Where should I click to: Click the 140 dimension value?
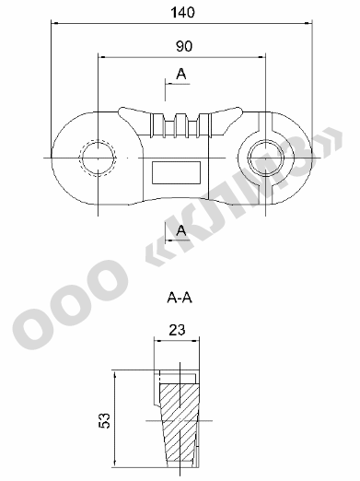click(182, 12)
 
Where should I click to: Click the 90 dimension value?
click(184, 46)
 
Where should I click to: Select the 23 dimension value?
click(177, 330)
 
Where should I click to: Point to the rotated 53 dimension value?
click(104, 420)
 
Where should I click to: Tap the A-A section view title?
click(180, 298)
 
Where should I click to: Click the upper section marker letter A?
click(181, 74)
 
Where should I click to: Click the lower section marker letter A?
click(181, 230)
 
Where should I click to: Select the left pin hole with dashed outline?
click(98, 158)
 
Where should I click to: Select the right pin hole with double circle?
click(266, 158)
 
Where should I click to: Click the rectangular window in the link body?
click(177, 172)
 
